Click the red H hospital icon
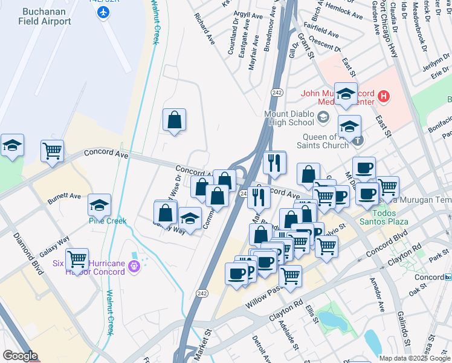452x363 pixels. coord(383,96)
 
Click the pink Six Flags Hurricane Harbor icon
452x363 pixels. coord(134,265)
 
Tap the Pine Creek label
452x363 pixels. coord(107,221)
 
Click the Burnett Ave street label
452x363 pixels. coord(65,196)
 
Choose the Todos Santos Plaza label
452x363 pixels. coord(382,221)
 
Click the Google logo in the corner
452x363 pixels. coord(19,356)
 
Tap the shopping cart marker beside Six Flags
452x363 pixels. coord(77,259)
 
